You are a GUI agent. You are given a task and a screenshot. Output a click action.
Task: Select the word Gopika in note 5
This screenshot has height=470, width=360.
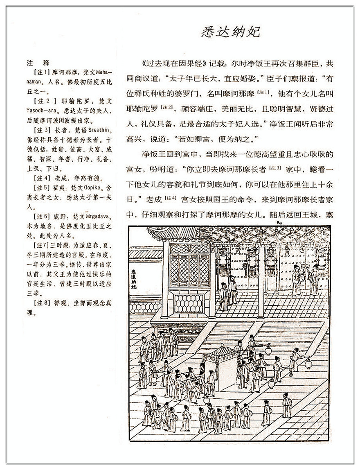click(96, 187)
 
